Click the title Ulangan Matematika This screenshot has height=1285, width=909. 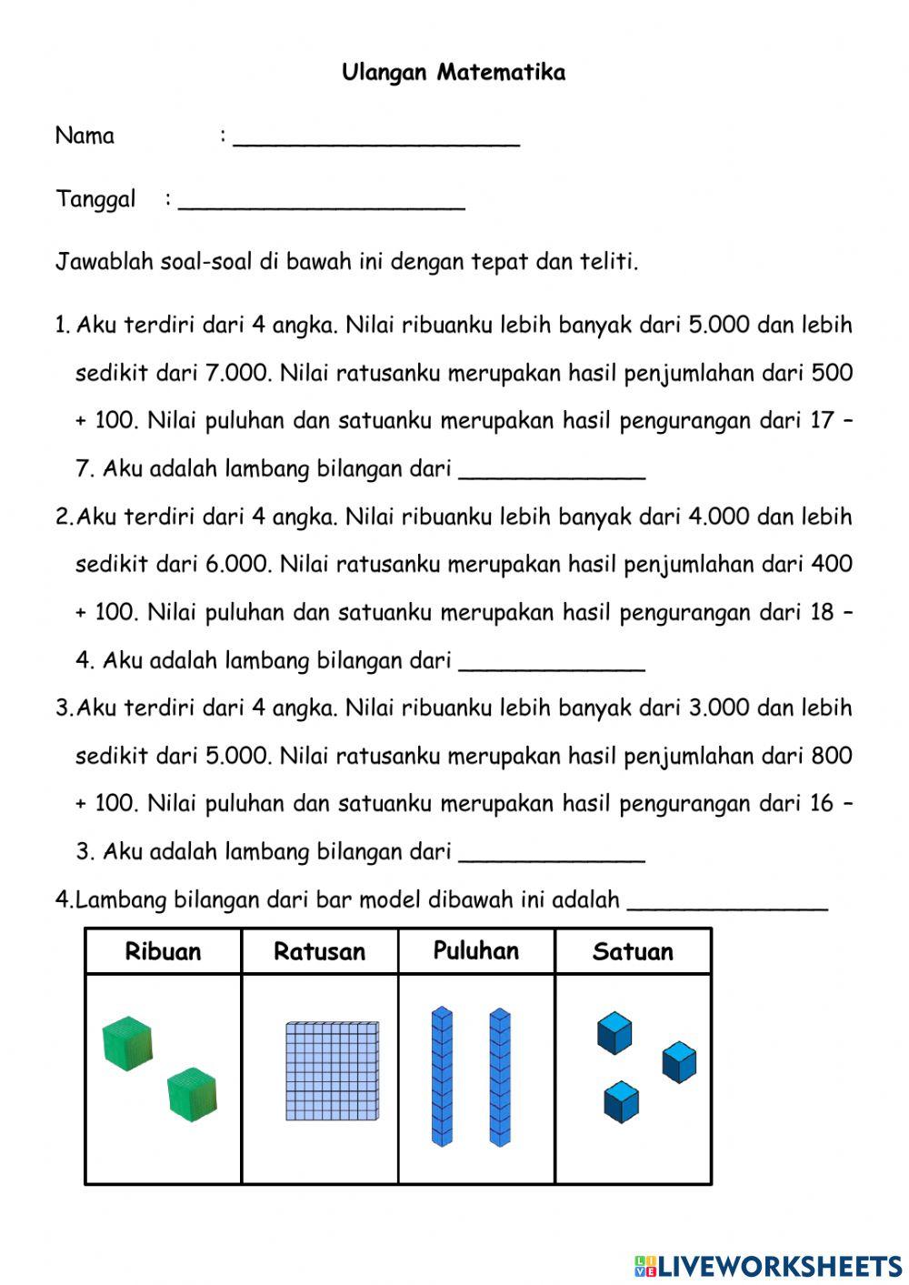(454, 73)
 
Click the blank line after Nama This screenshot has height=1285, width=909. (376, 140)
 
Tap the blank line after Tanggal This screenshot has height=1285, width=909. (322, 204)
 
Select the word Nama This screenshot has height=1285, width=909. (85, 136)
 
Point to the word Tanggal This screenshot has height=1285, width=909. (95, 200)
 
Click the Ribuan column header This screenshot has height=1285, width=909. (163, 952)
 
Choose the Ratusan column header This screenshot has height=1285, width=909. (319, 952)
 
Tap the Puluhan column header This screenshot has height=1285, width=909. (475, 951)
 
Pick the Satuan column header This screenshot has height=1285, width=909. (633, 952)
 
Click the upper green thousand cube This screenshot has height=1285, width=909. (127, 1044)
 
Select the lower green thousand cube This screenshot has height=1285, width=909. (192, 1094)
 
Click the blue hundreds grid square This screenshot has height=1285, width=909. (332, 1070)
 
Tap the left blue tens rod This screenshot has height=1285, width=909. (442, 1077)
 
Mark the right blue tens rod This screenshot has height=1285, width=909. (500, 1077)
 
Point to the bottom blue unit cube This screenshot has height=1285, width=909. (621, 1102)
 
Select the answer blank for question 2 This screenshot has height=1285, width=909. (552, 664)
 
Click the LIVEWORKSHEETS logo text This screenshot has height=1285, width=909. (778, 1265)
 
